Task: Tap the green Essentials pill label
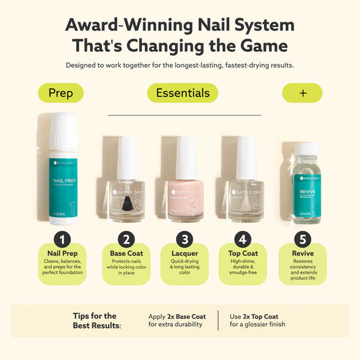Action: tap(182, 93)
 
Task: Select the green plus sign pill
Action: tap(302, 93)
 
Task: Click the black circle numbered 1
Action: tap(62, 239)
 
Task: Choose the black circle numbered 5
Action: tap(302, 239)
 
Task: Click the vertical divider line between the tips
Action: tap(218, 320)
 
